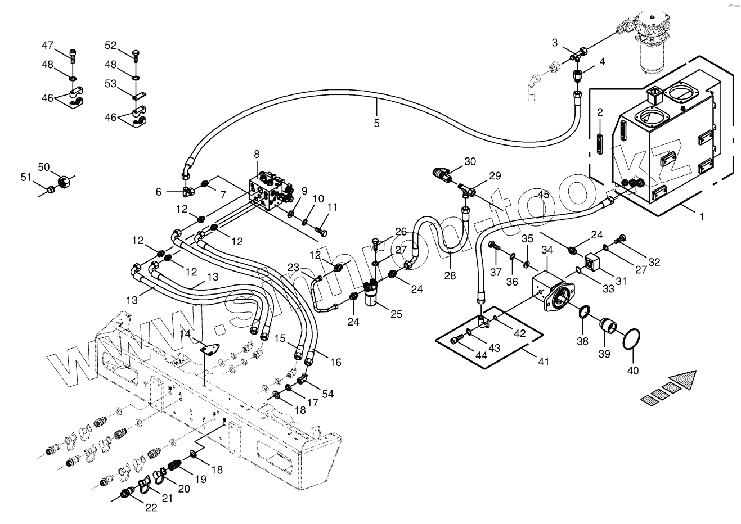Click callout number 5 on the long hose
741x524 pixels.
click(376, 123)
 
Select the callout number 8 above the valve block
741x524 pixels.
click(257, 154)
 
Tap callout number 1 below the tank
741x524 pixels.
click(702, 215)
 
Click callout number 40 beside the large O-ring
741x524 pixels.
click(633, 370)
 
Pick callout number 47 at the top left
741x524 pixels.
click(47, 45)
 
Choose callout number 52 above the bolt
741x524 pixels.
click(110, 45)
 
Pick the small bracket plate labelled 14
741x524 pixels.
click(210, 351)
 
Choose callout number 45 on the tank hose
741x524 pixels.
click(543, 195)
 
